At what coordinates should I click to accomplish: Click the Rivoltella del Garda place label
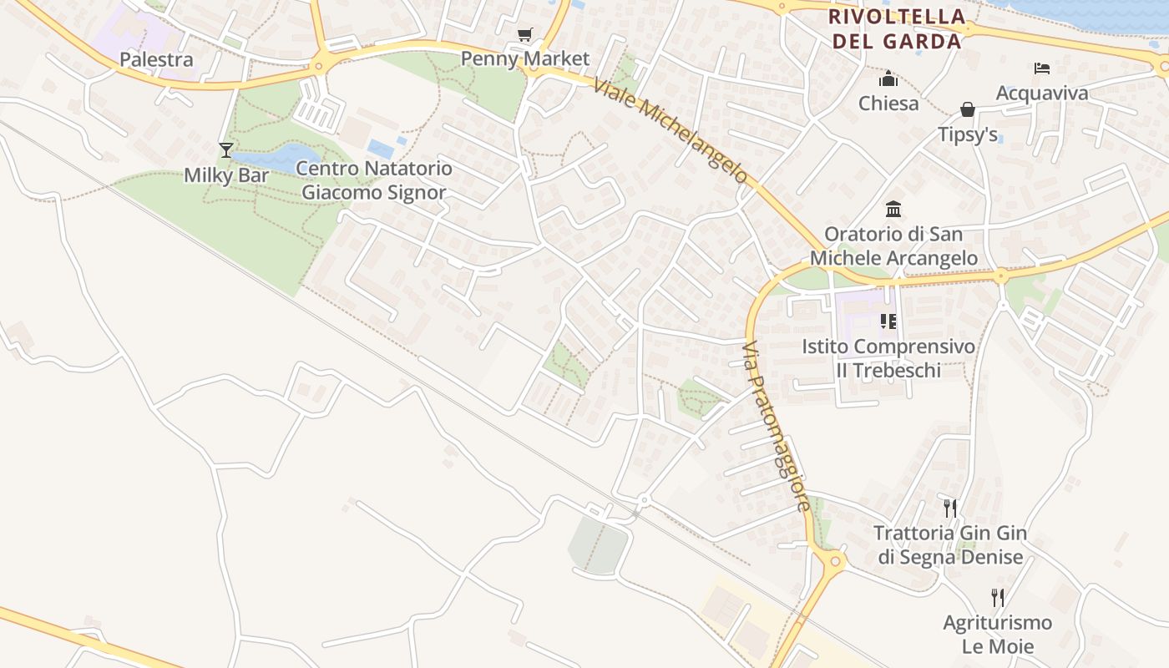coord(896,28)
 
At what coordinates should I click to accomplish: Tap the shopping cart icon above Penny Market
coord(524,35)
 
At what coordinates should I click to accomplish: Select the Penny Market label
coord(525,59)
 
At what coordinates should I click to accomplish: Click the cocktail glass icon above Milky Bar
coord(225,150)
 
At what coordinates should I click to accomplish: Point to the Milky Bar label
coord(226,175)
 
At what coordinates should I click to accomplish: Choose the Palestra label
coord(156,59)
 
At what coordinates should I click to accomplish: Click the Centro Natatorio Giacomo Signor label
coord(374,180)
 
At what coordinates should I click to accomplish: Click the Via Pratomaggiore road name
coord(776,426)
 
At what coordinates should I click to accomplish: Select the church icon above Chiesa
coord(888,78)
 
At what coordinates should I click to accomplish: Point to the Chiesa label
coord(888,104)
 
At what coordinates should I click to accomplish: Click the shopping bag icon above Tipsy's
coord(968,109)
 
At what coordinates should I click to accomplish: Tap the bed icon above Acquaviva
coord(1042,68)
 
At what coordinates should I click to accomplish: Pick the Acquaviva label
coord(1042,93)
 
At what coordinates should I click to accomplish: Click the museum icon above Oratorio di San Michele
coord(893,209)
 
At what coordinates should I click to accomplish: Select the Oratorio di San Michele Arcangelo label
coord(893,245)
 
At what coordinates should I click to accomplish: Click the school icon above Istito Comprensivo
coord(888,321)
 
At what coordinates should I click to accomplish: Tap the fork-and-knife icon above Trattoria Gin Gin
coord(949,508)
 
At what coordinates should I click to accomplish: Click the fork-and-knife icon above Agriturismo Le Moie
coord(997,597)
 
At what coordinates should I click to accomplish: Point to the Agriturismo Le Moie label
coord(997,635)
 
